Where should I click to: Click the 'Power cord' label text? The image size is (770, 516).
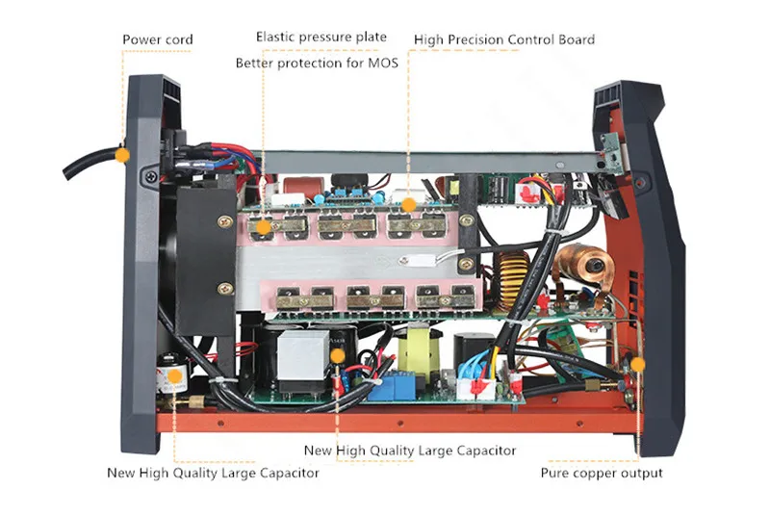(157, 39)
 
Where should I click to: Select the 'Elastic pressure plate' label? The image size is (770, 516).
(321, 37)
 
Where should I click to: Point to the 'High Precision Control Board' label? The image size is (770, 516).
(503, 39)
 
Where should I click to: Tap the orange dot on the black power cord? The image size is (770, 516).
(122, 154)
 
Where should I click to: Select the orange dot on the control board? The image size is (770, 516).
(408, 204)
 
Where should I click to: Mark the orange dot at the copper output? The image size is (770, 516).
(635, 364)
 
